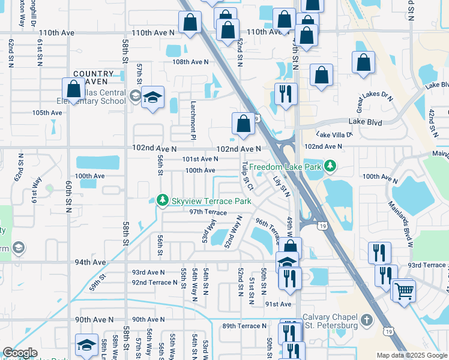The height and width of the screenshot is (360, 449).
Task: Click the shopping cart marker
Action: [x=404, y=291]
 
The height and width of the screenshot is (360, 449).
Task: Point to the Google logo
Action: [x=20, y=353]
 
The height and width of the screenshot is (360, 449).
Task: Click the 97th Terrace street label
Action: [x=208, y=212]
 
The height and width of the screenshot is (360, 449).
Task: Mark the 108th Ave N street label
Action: [x=190, y=62]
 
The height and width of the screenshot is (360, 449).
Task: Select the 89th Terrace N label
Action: [x=244, y=326]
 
